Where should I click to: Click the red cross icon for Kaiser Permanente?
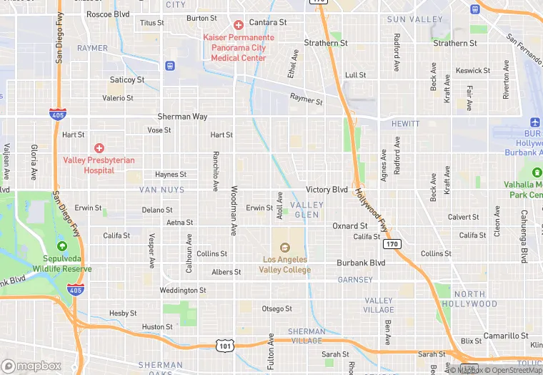point(238,24)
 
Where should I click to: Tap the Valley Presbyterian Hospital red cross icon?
point(99,147)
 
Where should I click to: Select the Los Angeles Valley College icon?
point(286,247)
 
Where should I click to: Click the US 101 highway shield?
point(226,346)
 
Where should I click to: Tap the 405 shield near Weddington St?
point(76,289)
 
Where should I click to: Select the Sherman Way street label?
point(183,116)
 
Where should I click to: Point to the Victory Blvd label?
point(327,190)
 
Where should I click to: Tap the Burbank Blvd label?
point(361,263)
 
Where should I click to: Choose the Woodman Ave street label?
point(234,210)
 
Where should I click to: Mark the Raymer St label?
point(307,99)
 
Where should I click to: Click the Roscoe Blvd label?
point(108,14)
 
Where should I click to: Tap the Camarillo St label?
point(505,336)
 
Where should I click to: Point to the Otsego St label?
point(277,308)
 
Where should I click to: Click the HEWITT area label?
point(406,124)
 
